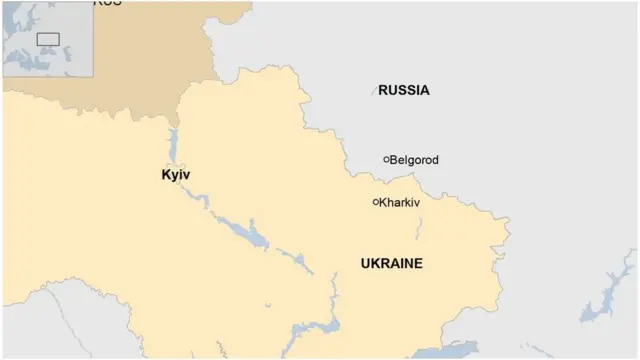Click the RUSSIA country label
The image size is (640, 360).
pos(404,90)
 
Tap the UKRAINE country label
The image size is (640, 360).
pos(391,264)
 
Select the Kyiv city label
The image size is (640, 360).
pos(175,175)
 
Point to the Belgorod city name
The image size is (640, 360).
pos(414,160)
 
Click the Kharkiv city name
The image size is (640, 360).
pos(400,202)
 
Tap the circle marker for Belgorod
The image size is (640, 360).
pos(386,159)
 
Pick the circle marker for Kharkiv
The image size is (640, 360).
pos(376,202)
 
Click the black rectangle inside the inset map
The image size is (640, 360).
pos(47,40)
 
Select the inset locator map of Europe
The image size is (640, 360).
pos(47,38)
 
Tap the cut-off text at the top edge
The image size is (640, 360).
pos(107,3)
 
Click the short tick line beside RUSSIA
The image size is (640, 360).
pos(375,91)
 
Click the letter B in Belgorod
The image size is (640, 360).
pos(393,160)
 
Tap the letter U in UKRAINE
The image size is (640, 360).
pos(365,264)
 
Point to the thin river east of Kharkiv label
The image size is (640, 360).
pos(421,228)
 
